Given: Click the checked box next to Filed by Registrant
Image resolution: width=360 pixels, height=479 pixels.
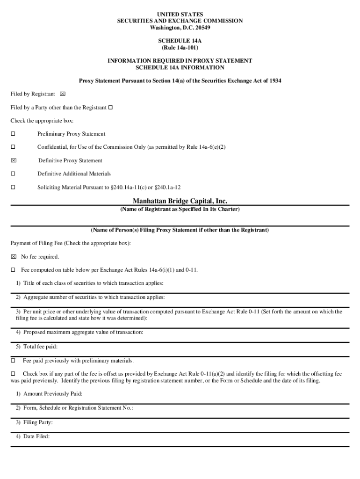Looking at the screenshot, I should tap(63, 94).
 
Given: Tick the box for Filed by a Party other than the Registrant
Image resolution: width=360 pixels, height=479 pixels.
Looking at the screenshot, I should tap(110, 108).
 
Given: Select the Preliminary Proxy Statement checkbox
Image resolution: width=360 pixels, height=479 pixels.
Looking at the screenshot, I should tap(13, 134).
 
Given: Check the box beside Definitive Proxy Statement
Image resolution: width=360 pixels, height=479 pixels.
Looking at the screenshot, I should tap(13, 160).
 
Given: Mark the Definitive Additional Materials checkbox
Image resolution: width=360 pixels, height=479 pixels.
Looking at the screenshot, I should tap(13, 174).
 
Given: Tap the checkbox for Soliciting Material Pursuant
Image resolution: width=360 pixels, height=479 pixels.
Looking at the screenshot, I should tap(13, 187).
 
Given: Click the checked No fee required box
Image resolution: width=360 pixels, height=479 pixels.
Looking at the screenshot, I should tap(13, 257).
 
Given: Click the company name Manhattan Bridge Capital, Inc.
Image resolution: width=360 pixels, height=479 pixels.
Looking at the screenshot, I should tap(180, 201).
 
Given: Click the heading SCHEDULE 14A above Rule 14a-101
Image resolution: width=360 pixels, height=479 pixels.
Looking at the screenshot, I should tap(180, 41).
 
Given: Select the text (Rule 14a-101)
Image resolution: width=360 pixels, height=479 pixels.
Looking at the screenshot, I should tap(180, 48).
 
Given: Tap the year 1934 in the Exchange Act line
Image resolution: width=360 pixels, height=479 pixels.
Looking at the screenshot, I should tap(274, 80).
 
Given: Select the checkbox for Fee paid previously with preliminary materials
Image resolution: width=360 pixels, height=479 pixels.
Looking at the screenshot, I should tap(13, 361).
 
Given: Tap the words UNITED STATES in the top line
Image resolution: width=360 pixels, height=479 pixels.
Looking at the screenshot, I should tap(180, 15).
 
